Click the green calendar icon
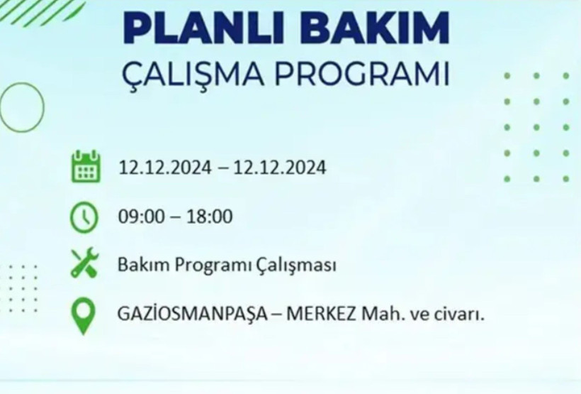86,167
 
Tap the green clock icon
84,217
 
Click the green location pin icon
84,314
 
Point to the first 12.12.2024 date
165,168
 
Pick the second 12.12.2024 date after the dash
280,168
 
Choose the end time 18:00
209,217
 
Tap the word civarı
461,314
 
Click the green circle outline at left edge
21,107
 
